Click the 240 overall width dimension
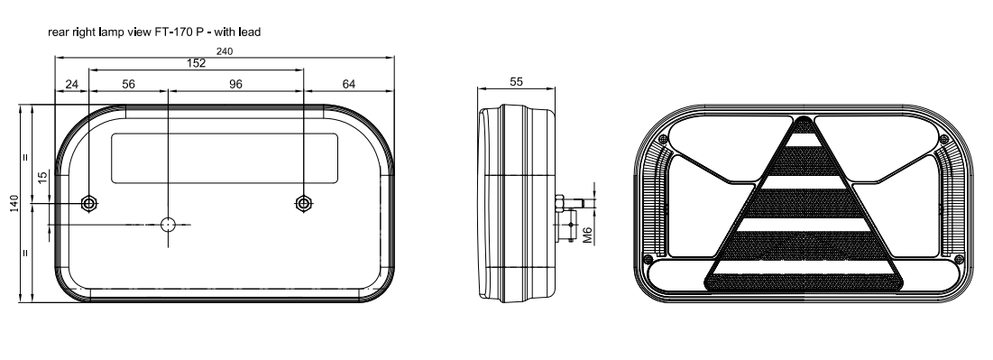pyautogui.click(x=225, y=51)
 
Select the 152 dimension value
pyautogui.click(x=197, y=63)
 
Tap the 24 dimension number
pyautogui.click(x=71, y=84)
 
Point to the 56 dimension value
pyautogui.click(x=129, y=84)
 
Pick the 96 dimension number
pyautogui.click(x=235, y=84)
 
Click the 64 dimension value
pyautogui.click(x=349, y=84)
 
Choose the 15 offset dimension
pyautogui.click(x=42, y=178)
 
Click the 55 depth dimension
pyautogui.click(x=516, y=82)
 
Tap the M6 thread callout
pyautogui.click(x=587, y=235)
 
